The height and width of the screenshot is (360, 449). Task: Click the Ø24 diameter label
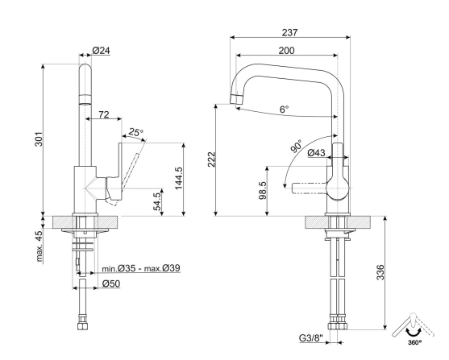[x=101, y=51]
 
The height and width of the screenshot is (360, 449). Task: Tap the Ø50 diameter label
[x=111, y=284]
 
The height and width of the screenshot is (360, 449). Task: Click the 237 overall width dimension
[x=290, y=33]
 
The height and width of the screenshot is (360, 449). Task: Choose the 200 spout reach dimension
[x=286, y=51]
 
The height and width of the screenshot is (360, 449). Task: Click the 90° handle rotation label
[x=299, y=148]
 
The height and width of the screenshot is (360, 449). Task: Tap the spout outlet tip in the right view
[x=237, y=100]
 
